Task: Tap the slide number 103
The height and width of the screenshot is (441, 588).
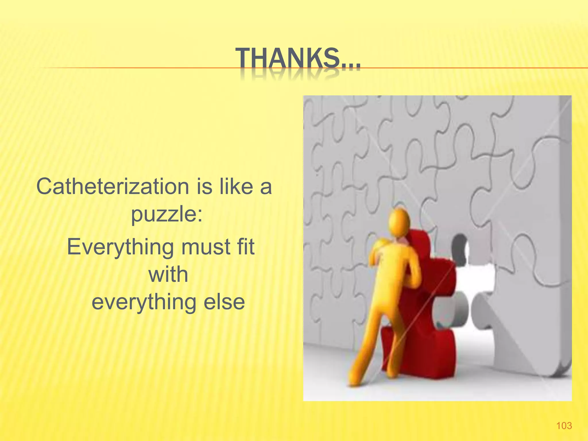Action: click(x=564, y=425)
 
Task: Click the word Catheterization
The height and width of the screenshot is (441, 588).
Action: click(x=113, y=187)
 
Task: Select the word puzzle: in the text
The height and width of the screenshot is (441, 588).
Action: click(x=167, y=214)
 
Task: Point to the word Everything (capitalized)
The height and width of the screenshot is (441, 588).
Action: click(x=120, y=247)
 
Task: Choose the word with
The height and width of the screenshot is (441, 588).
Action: click(x=168, y=274)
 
